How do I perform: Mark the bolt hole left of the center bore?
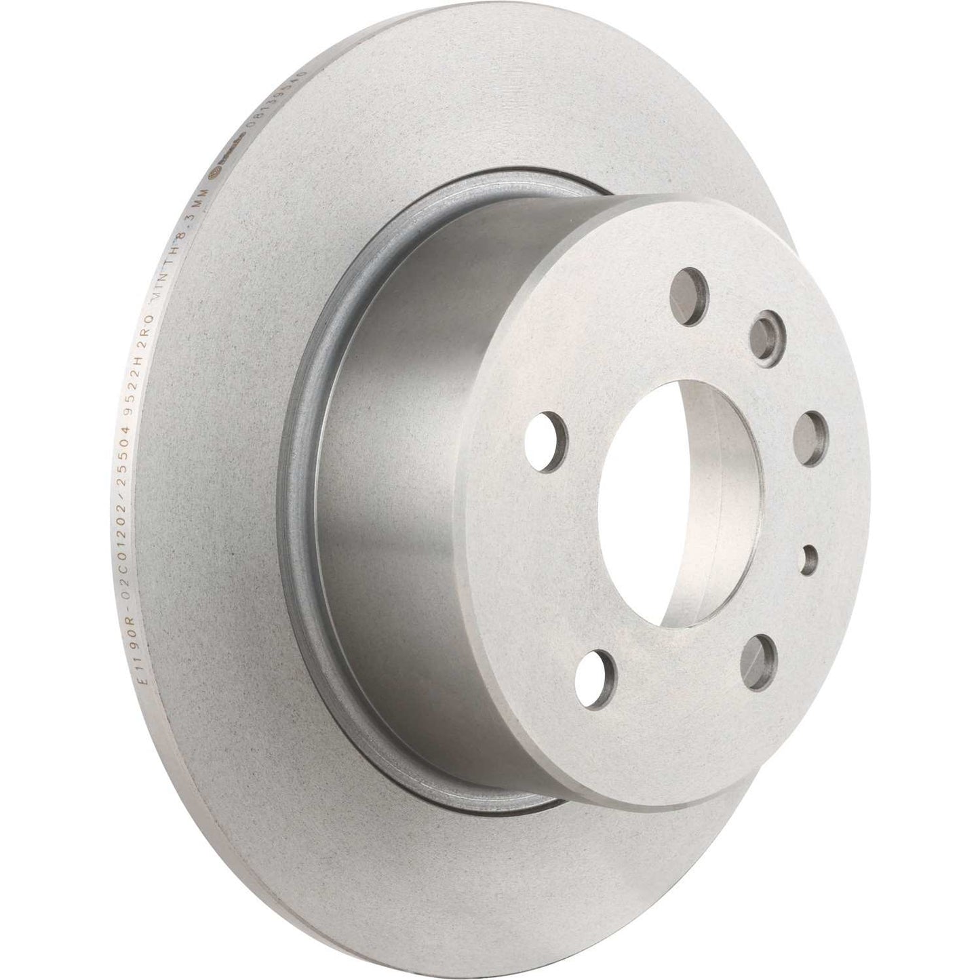pyautogui.click(x=547, y=430)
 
